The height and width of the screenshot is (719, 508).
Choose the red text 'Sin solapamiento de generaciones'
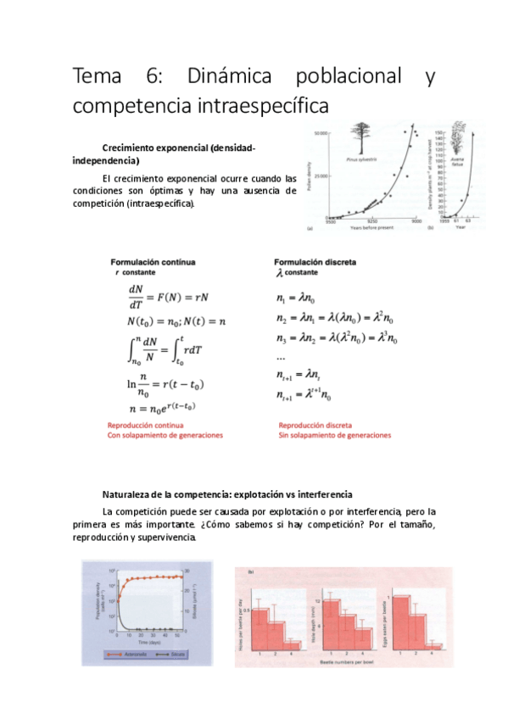(x=335, y=436)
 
